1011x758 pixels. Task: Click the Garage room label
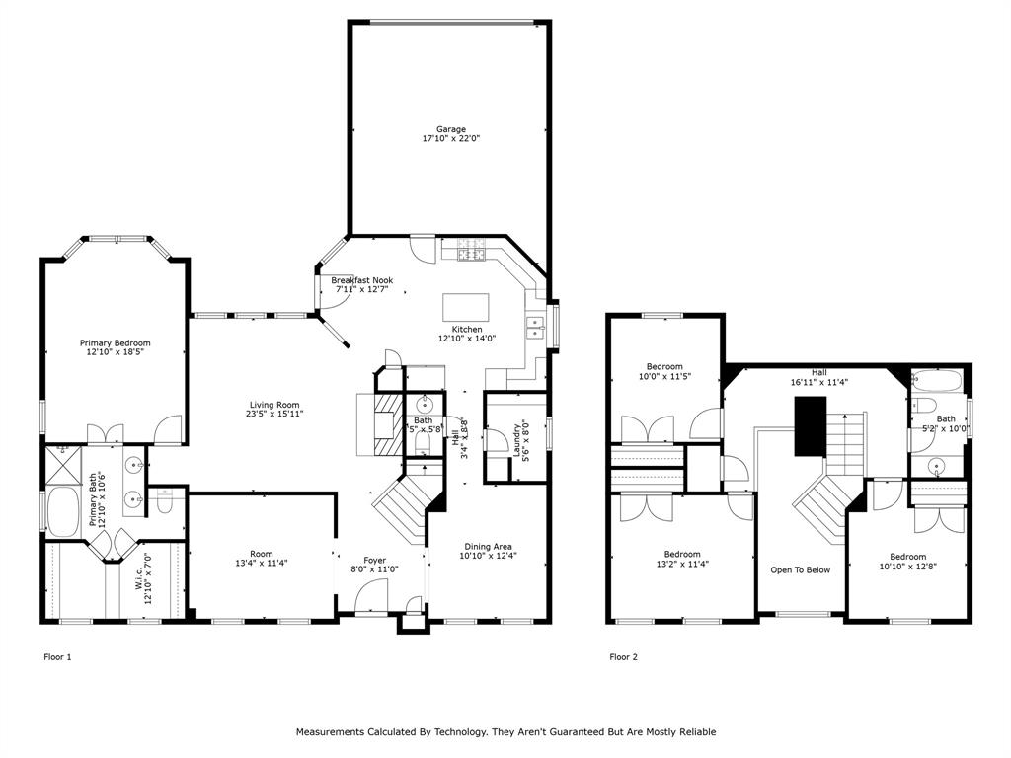click(451, 129)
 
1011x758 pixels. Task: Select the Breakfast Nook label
click(362, 280)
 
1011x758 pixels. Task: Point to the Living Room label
click(274, 405)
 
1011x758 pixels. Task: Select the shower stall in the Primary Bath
click(62, 462)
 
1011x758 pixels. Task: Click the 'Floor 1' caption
click(57, 656)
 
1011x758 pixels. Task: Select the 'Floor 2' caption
click(623, 656)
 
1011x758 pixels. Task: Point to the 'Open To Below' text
click(800, 569)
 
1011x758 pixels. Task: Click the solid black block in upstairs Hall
click(810, 426)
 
